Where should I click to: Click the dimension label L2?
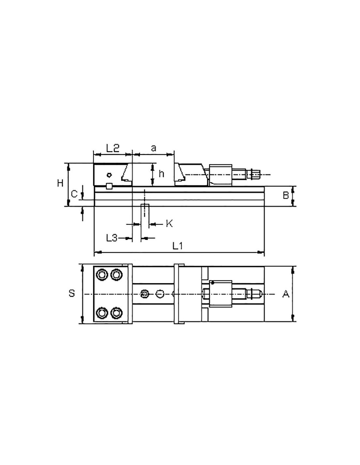(113, 148)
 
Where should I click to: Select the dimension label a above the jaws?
(153, 148)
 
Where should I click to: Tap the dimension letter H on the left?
(60, 183)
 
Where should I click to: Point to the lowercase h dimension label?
(161, 174)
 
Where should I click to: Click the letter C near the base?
(74, 194)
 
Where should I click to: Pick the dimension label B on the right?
(286, 195)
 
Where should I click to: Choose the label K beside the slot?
(169, 224)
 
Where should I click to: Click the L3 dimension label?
(112, 238)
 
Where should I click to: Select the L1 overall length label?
(177, 246)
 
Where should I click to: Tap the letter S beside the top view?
(72, 293)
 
